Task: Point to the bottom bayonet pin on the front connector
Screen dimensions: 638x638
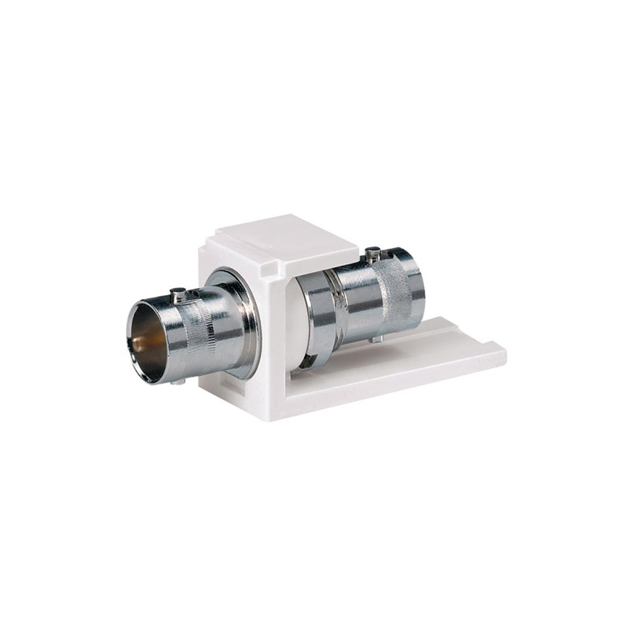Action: (x=177, y=382)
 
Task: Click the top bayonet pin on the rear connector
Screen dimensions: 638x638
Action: (x=372, y=255)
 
